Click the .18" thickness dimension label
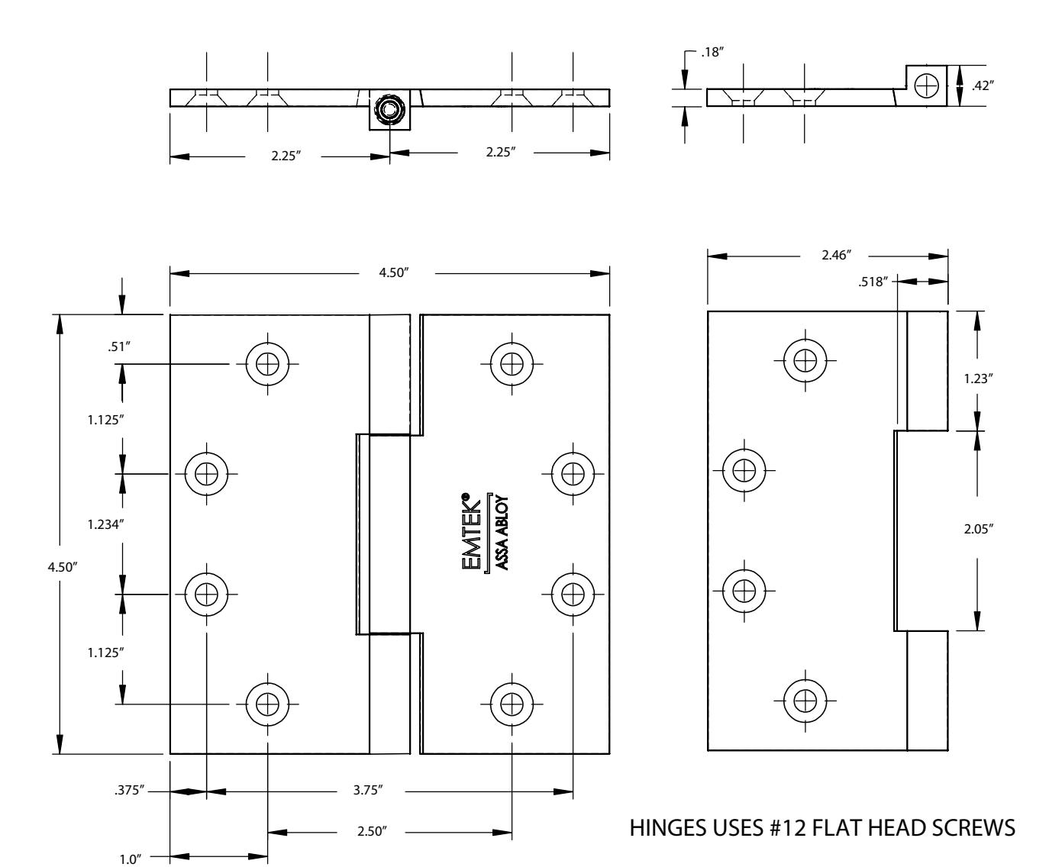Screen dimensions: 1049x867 click(x=712, y=52)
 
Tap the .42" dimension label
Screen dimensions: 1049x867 click(x=983, y=86)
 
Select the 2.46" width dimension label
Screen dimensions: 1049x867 click(x=837, y=255)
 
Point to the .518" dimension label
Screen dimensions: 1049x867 click(x=873, y=282)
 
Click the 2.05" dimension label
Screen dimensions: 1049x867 click(x=979, y=529)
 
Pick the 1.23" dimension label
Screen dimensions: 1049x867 click(x=979, y=379)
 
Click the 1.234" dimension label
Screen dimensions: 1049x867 click(x=105, y=524)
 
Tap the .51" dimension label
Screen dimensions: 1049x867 click(x=119, y=346)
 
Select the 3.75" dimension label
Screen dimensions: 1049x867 click(x=368, y=790)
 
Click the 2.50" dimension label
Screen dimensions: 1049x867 click(x=373, y=831)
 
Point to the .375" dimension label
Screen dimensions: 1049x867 click(x=129, y=790)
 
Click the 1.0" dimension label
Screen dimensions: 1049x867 click(x=130, y=859)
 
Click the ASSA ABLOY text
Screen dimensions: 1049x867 click(x=502, y=533)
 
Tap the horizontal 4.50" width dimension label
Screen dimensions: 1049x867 click(x=394, y=272)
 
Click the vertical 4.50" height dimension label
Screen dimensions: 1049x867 click(x=63, y=567)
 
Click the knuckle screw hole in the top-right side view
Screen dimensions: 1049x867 click(x=927, y=86)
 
